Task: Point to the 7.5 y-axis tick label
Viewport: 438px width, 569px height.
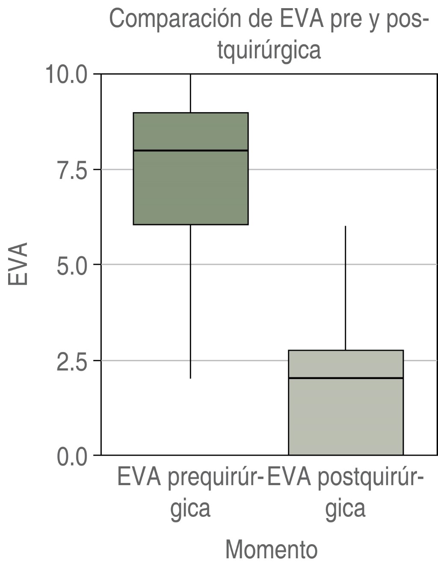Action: point(72,170)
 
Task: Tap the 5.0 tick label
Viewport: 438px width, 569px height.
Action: point(72,265)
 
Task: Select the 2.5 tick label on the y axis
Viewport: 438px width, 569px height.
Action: point(72,361)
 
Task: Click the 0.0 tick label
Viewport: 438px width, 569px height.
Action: point(72,456)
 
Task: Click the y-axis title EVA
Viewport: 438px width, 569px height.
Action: point(18,264)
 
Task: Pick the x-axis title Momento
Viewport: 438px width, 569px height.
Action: point(271,549)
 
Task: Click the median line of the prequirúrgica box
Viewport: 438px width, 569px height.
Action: point(190,151)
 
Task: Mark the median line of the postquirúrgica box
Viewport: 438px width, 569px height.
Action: point(346,378)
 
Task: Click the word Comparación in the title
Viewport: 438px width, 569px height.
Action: point(176,19)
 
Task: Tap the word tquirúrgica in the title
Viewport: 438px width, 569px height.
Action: point(269,50)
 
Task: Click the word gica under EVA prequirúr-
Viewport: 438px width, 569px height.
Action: point(190,509)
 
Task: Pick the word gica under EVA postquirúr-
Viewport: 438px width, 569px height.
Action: point(345,509)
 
